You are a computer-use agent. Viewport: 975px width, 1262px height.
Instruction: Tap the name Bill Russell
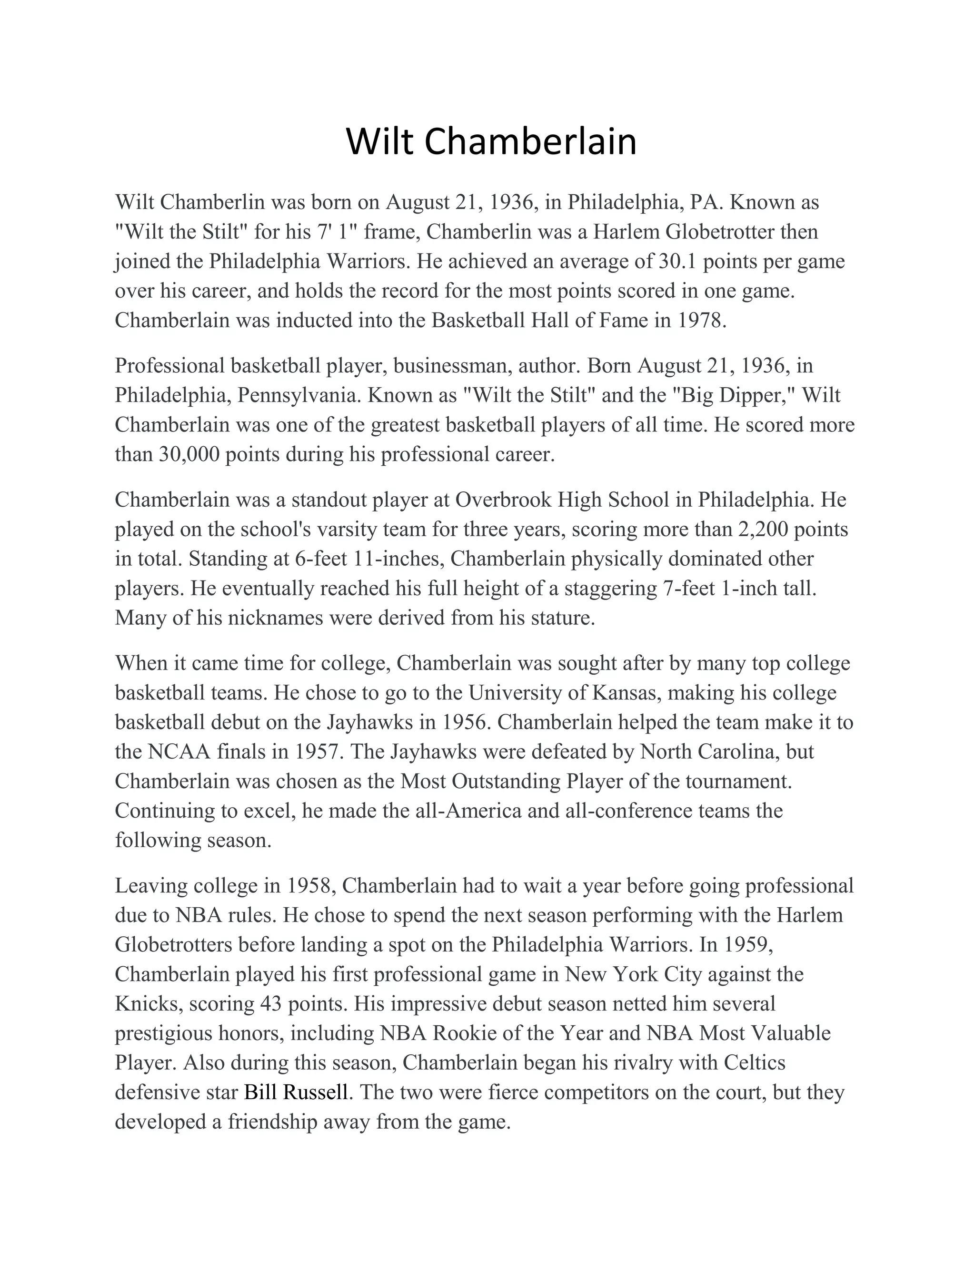click(x=296, y=1092)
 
